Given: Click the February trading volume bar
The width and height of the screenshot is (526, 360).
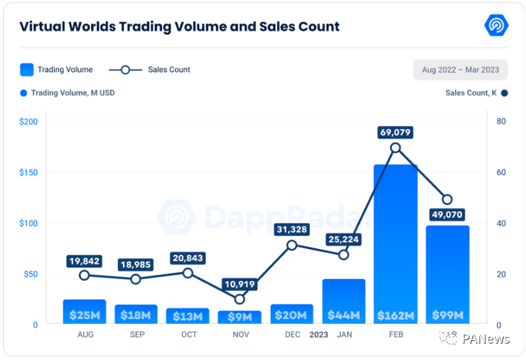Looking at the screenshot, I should tap(395, 242).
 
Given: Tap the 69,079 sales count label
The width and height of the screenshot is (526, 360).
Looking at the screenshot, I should tap(395, 132).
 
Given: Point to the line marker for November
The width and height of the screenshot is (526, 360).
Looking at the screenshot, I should tap(240, 299).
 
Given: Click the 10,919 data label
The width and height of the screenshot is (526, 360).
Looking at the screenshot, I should tap(240, 284).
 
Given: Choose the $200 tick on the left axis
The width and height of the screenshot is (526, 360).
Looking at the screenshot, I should tap(28, 122).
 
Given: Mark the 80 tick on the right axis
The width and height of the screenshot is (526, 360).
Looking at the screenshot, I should tap(501, 122).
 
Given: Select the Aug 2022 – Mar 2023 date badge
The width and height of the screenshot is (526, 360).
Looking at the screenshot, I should tap(460, 70).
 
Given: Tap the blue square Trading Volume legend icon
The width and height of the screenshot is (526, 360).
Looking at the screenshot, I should tap(26, 70).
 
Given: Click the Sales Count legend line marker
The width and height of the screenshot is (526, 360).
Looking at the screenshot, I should tap(126, 70).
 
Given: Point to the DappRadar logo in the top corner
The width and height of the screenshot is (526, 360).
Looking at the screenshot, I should tap(496, 26).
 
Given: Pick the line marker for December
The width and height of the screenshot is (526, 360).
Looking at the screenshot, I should tap(291, 245).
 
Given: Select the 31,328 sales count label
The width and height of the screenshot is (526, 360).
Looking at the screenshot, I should tap(291, 229).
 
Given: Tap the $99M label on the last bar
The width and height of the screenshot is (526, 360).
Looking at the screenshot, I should tap(447, 315).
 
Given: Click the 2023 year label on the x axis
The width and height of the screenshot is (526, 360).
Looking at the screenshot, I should tap(318, 334).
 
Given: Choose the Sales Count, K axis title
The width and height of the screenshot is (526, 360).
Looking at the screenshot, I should tap(471, 93).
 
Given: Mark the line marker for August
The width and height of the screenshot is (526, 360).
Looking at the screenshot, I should tap(85, 275).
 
